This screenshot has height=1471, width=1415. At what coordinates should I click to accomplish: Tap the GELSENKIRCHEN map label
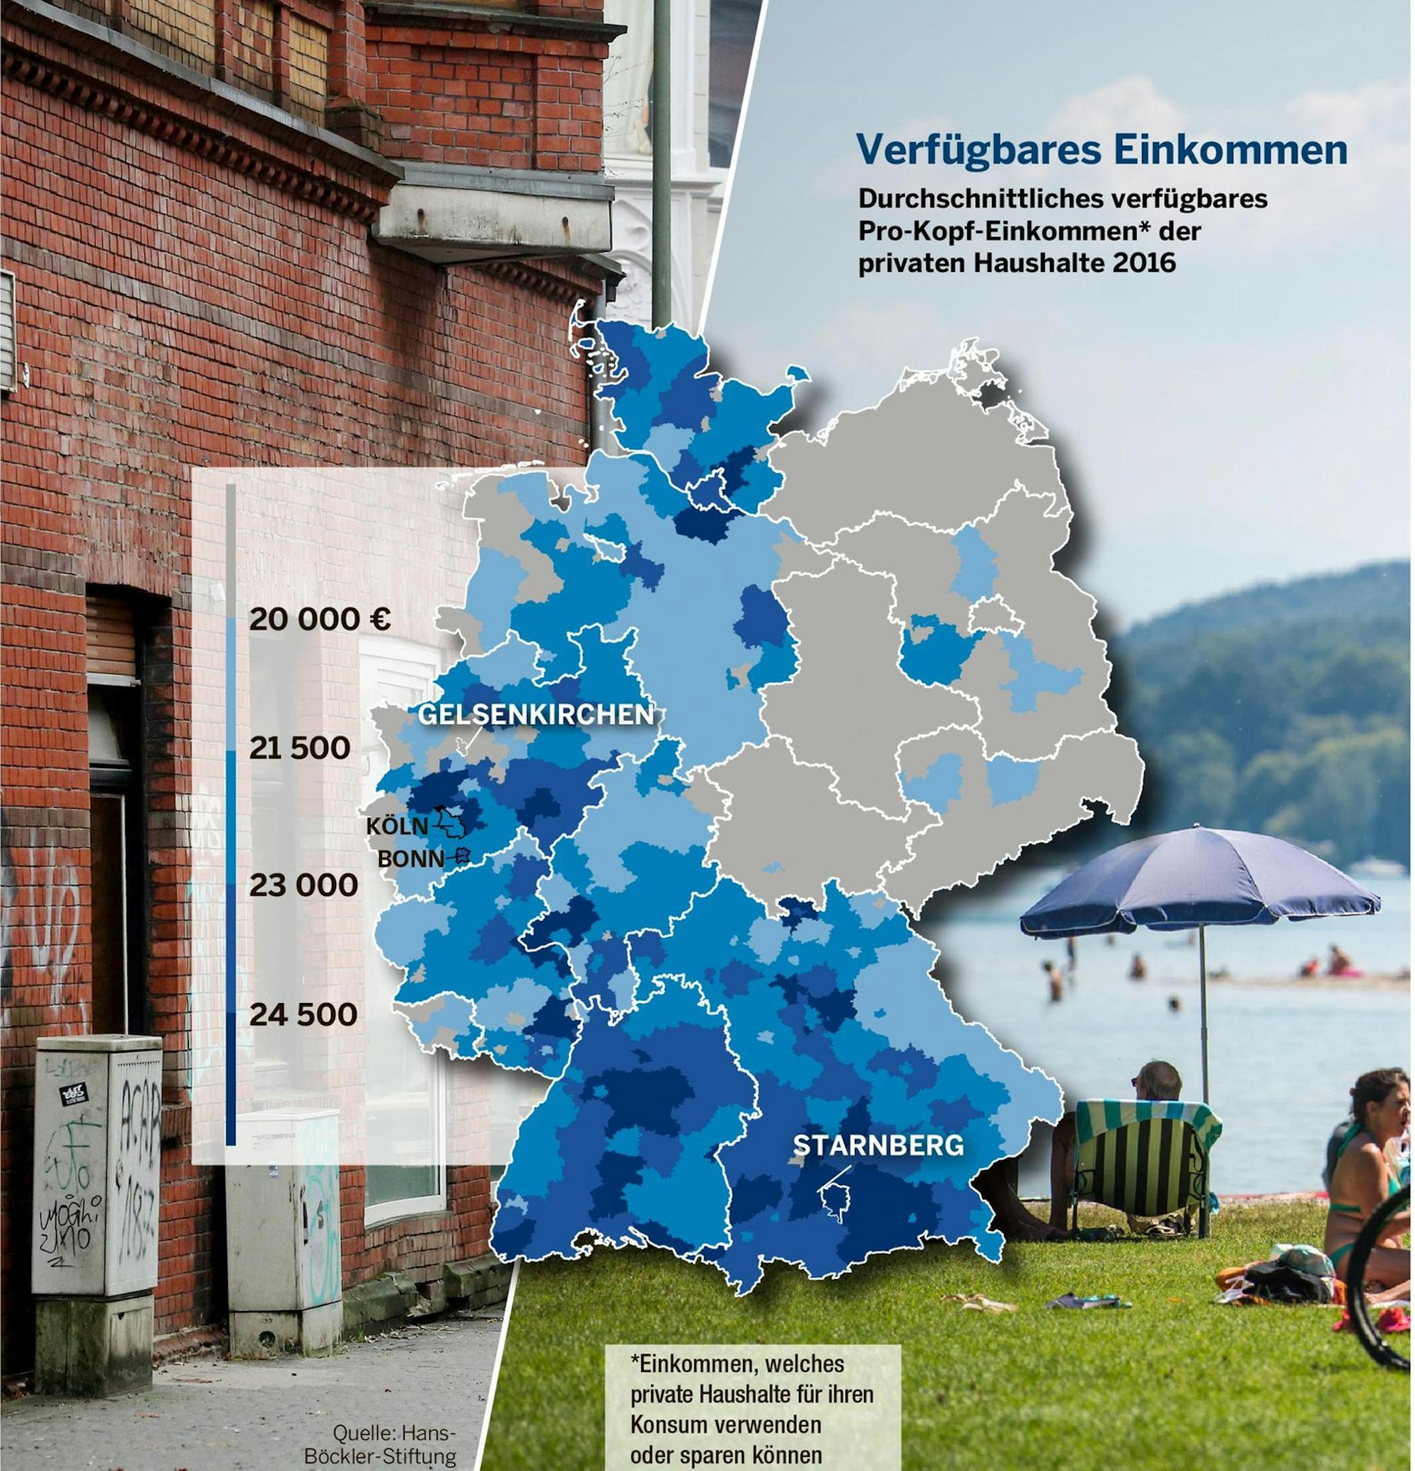coord(535,714)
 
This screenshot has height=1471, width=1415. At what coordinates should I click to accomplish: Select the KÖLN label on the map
coord(397,826)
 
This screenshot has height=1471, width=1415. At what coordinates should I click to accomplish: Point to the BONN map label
coord(410,859)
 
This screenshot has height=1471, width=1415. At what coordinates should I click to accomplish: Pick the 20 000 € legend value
coord(320,620)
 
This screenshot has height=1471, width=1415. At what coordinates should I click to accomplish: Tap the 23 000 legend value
coord(304,885)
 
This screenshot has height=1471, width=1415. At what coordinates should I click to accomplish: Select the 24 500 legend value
coord(303,1014)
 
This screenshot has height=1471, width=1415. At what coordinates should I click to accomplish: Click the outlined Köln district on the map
coord(452,821)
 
